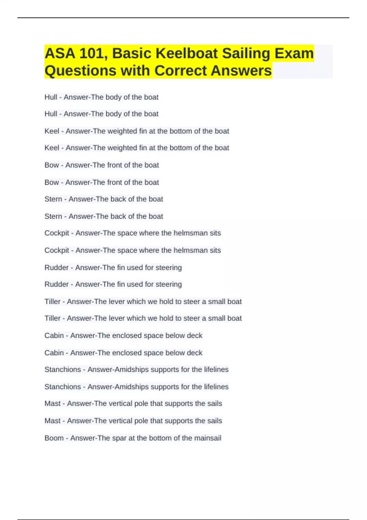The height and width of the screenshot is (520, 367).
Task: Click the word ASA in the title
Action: (x=60, y=54)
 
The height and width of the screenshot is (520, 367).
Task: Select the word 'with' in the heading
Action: (x=135, y=71)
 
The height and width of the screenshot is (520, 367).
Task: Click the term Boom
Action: (x=54, y=438)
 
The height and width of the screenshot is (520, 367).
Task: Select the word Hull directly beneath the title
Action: (x=51, y=97)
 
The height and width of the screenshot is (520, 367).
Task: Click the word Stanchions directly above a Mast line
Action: (x=63, y=387)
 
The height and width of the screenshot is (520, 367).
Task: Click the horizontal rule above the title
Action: (x=183, y=18)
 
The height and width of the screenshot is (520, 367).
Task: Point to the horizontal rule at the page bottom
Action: (x=183, y=519)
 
